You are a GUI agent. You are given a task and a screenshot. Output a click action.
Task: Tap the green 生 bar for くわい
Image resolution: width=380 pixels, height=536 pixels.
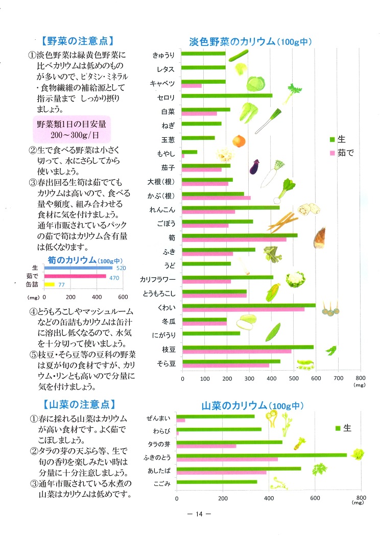tap(249, 305)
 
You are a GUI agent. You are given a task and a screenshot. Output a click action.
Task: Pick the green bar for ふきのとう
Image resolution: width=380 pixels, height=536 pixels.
tap(262, 455)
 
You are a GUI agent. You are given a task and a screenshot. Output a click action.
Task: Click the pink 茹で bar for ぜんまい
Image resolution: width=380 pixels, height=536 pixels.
tap(181, 420)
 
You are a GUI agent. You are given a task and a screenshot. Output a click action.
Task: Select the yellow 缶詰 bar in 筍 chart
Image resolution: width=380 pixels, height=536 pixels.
tap(49, 284)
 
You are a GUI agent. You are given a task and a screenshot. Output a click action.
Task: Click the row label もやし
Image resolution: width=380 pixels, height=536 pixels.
tap(167, 154)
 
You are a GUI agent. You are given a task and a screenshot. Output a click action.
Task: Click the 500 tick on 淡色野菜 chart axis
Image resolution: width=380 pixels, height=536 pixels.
tap(294, 379)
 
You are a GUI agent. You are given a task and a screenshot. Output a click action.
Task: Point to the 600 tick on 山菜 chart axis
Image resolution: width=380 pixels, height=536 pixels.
tap(315, 497)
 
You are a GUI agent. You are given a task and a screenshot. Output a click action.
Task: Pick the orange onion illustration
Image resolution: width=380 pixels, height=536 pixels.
tap(239, 140)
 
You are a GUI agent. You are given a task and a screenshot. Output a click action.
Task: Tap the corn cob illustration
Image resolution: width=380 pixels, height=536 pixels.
tap(273, 292)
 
